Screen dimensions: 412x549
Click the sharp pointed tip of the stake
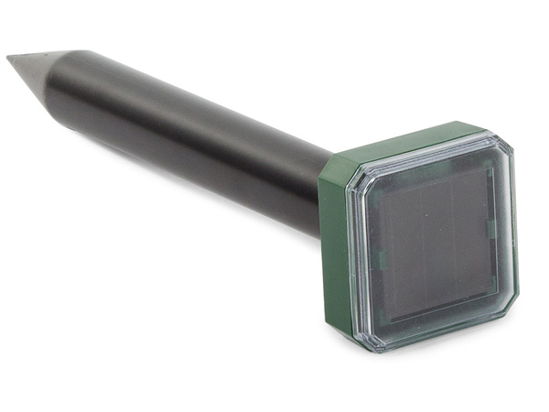coord(9,60)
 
